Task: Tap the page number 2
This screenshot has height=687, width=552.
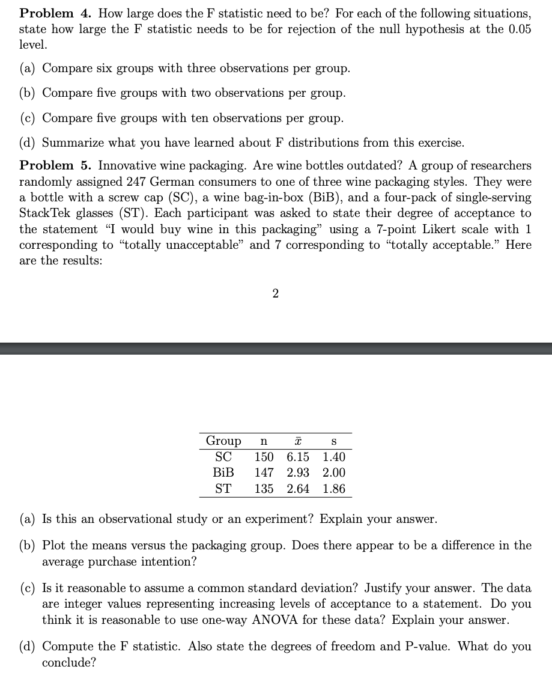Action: pos(275,293)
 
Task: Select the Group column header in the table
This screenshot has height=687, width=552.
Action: pos(223,441)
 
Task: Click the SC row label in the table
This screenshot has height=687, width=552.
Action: pos(223,457)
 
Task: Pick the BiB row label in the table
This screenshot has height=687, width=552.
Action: pos(223,473)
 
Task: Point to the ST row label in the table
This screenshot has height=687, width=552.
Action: pos(223,489)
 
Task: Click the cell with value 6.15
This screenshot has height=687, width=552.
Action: pos(298,457)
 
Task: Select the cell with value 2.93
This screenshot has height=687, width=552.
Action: pos(298,473)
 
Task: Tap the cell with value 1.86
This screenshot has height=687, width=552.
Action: pos(334,489)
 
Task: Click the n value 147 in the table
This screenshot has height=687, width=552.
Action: pos(264,473)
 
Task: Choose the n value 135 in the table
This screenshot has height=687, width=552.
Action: pos(264,489)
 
